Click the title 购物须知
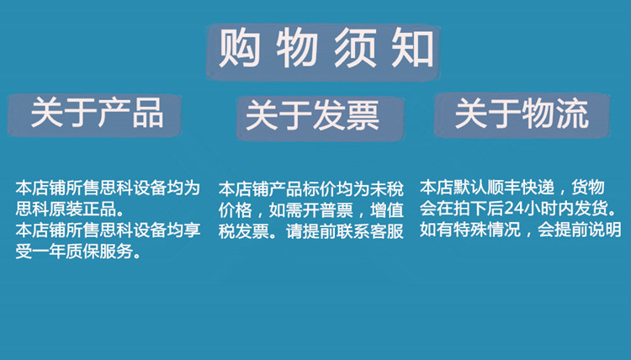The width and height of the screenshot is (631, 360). click(326, 49)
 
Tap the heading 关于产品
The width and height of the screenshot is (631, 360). click(97, 113)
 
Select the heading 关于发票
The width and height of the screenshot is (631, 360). click(313, 115)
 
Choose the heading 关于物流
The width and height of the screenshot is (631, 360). click(522, 114)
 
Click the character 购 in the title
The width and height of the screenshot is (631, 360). click(240, 49)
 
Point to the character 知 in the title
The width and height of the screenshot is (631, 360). click(413, 49)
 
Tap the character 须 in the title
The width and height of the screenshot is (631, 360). click(355, 49)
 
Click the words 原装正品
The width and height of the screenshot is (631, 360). click(87, 209)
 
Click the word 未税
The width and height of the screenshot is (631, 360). click(387, 189)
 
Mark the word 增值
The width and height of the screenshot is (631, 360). click(387, 210)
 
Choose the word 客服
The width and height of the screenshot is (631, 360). click(387, 231)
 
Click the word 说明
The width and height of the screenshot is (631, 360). click(605, 230)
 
